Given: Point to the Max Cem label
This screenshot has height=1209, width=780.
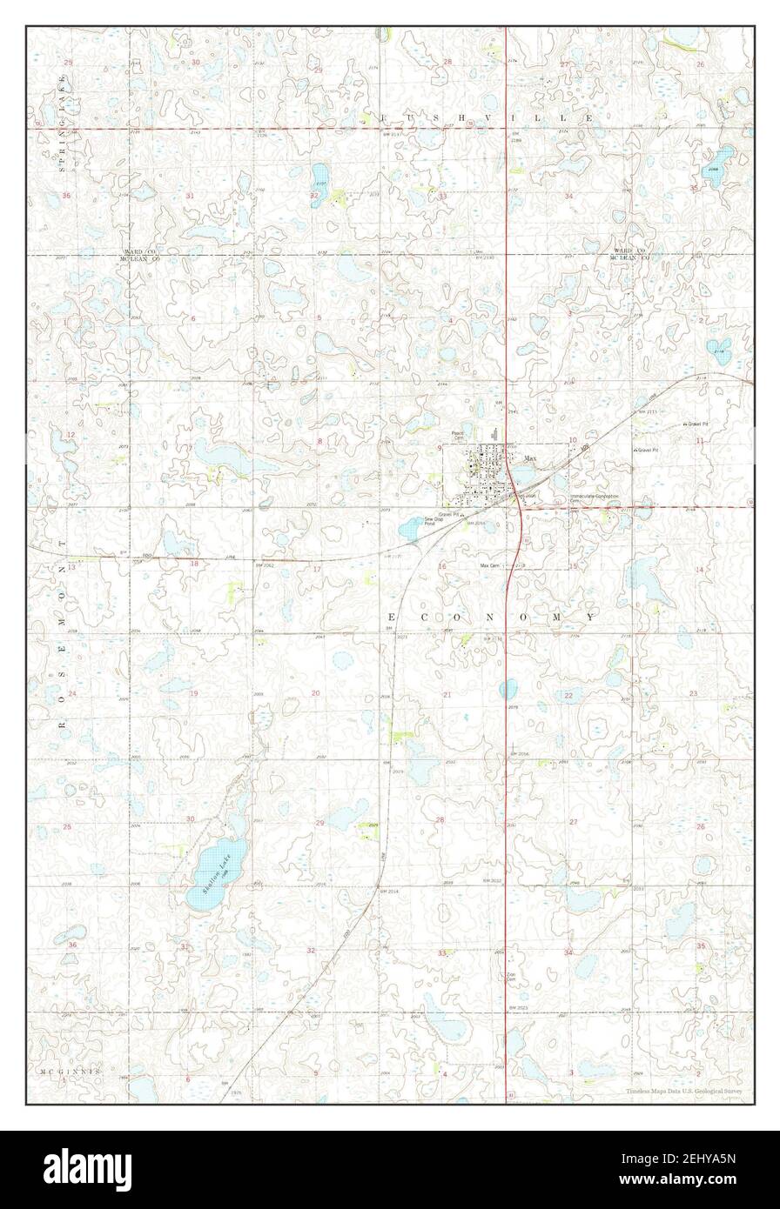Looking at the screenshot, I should click(491, 565).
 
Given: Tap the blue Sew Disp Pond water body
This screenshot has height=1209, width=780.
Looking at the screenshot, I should click(410, 528).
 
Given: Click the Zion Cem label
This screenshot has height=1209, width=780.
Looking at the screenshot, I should click(512, 979).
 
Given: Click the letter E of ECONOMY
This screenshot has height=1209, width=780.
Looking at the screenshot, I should click(391, 616).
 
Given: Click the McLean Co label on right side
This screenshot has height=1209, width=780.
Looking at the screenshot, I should click(629, 258).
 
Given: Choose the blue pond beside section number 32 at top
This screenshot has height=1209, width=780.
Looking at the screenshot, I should click(320, 179).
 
